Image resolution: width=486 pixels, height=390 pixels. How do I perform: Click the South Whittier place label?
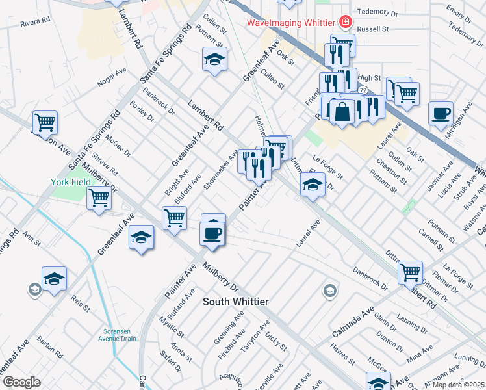(x=235, y=302)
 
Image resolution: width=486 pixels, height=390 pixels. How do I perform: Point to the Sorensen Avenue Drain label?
(x=118, y=334)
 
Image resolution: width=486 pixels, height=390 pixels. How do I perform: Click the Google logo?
(x=21, y=382)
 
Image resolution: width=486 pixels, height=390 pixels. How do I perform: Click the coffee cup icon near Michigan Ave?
(x=441, y=113)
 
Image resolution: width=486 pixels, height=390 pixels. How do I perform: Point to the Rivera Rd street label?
(x=35, y=23)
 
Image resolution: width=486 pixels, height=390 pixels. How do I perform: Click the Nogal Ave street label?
(x=111, y=79)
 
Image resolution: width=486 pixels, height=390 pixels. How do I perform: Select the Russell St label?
(x=376, y=29)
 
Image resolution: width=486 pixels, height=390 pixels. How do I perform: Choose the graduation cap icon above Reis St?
(x=54, y=278)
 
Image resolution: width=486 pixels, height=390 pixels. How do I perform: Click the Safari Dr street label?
(x=170, y=361)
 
